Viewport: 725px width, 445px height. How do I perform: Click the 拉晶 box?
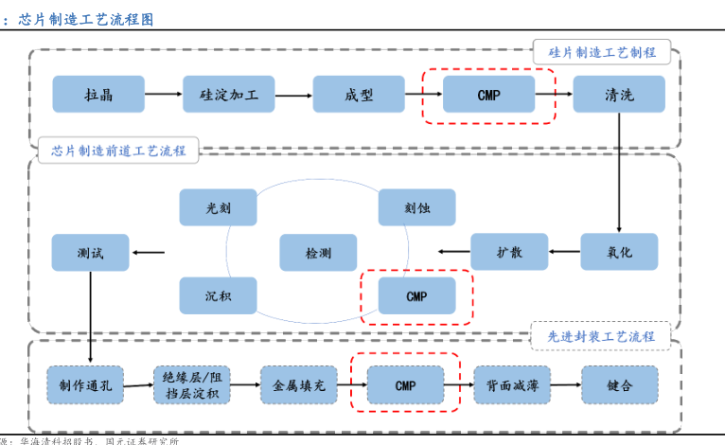pyautogui.click(x=98, y=95)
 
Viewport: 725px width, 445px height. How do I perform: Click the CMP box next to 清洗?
pyautogui.click(x=488, y=95)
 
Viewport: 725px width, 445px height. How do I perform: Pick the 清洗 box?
pyautogui.click(x=619, y=95)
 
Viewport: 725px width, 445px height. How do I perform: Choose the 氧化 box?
pyautogui.click(x=619, y=252)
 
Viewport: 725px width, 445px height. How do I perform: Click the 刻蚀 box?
pyautogui.click(x=416, y=207)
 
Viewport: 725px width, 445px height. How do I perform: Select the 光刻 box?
pyautogui.click(x=218, y=207)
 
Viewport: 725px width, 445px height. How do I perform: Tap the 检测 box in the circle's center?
pyautogui.click(x=318, y=253)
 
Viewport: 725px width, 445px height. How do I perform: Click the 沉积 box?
pyautogui.click(x=218, y=296)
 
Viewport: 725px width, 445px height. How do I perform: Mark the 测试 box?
pyautogui.click(x=91, y=252)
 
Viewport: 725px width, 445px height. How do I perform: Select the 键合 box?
pyautogui.click(x=619, y=385)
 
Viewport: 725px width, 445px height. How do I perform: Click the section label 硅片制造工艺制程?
pyautogui.click(x=602, y=52)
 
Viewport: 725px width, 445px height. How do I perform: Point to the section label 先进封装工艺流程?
pyautogui.click(x=601, y=335)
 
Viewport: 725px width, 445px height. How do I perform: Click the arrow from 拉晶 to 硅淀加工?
pyautogui.click(x=164, y=95)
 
